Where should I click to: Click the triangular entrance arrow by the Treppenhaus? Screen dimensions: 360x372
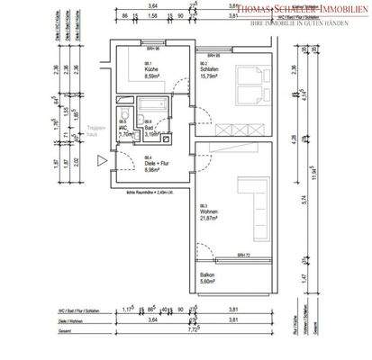pos(101,160)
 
